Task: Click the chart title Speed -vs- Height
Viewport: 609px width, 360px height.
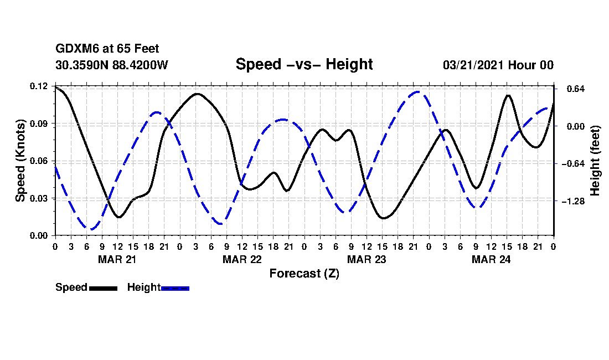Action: [304, 64]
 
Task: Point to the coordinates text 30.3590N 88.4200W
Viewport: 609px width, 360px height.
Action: [111, 65]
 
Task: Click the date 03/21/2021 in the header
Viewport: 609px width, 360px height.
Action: [474, 65]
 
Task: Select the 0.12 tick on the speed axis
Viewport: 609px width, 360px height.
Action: [39, 86]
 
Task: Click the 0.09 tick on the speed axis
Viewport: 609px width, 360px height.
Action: [39, 124]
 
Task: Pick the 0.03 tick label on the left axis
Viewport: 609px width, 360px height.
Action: [39, 198]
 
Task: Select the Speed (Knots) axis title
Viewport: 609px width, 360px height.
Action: [20, 161]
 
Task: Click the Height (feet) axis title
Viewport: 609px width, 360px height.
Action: [596, 161]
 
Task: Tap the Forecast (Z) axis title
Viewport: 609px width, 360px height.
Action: [304, 273]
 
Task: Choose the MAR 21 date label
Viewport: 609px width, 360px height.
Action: [117, 259]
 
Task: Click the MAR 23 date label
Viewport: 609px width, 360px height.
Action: [366, 259]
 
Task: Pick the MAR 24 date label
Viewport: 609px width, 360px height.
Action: [491, 259]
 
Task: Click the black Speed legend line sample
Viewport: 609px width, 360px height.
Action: [103, 288]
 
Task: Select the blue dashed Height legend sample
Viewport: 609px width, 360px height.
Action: [175, 288]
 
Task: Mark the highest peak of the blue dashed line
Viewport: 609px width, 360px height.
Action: [418, 92]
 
